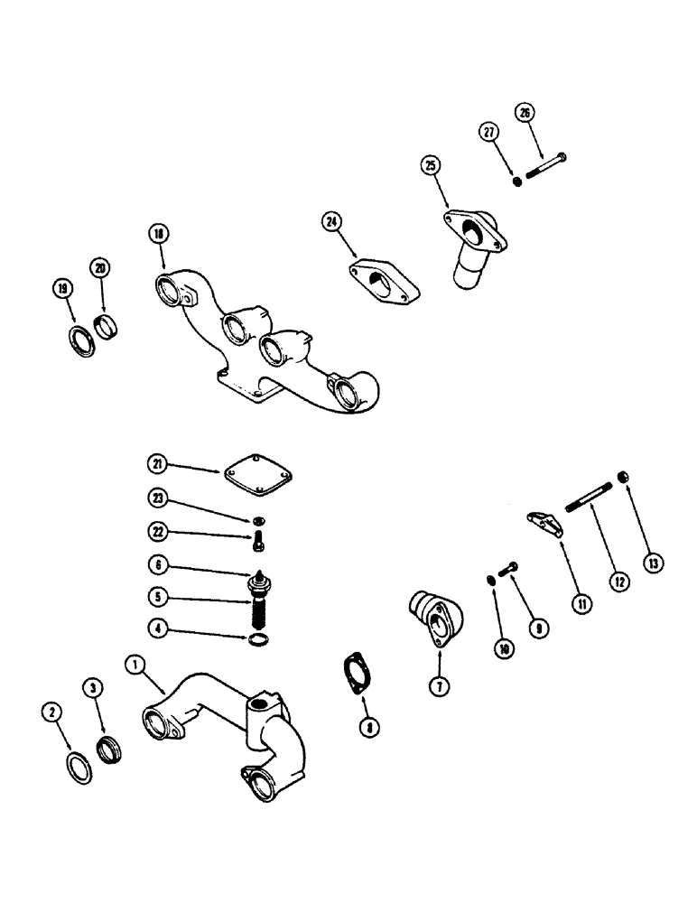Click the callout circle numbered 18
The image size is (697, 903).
(x=159, y=234)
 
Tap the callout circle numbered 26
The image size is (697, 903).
(x=525, y=113)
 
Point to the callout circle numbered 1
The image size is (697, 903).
(x=135, y=666)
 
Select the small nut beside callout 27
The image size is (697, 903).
(x=517, y=182)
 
